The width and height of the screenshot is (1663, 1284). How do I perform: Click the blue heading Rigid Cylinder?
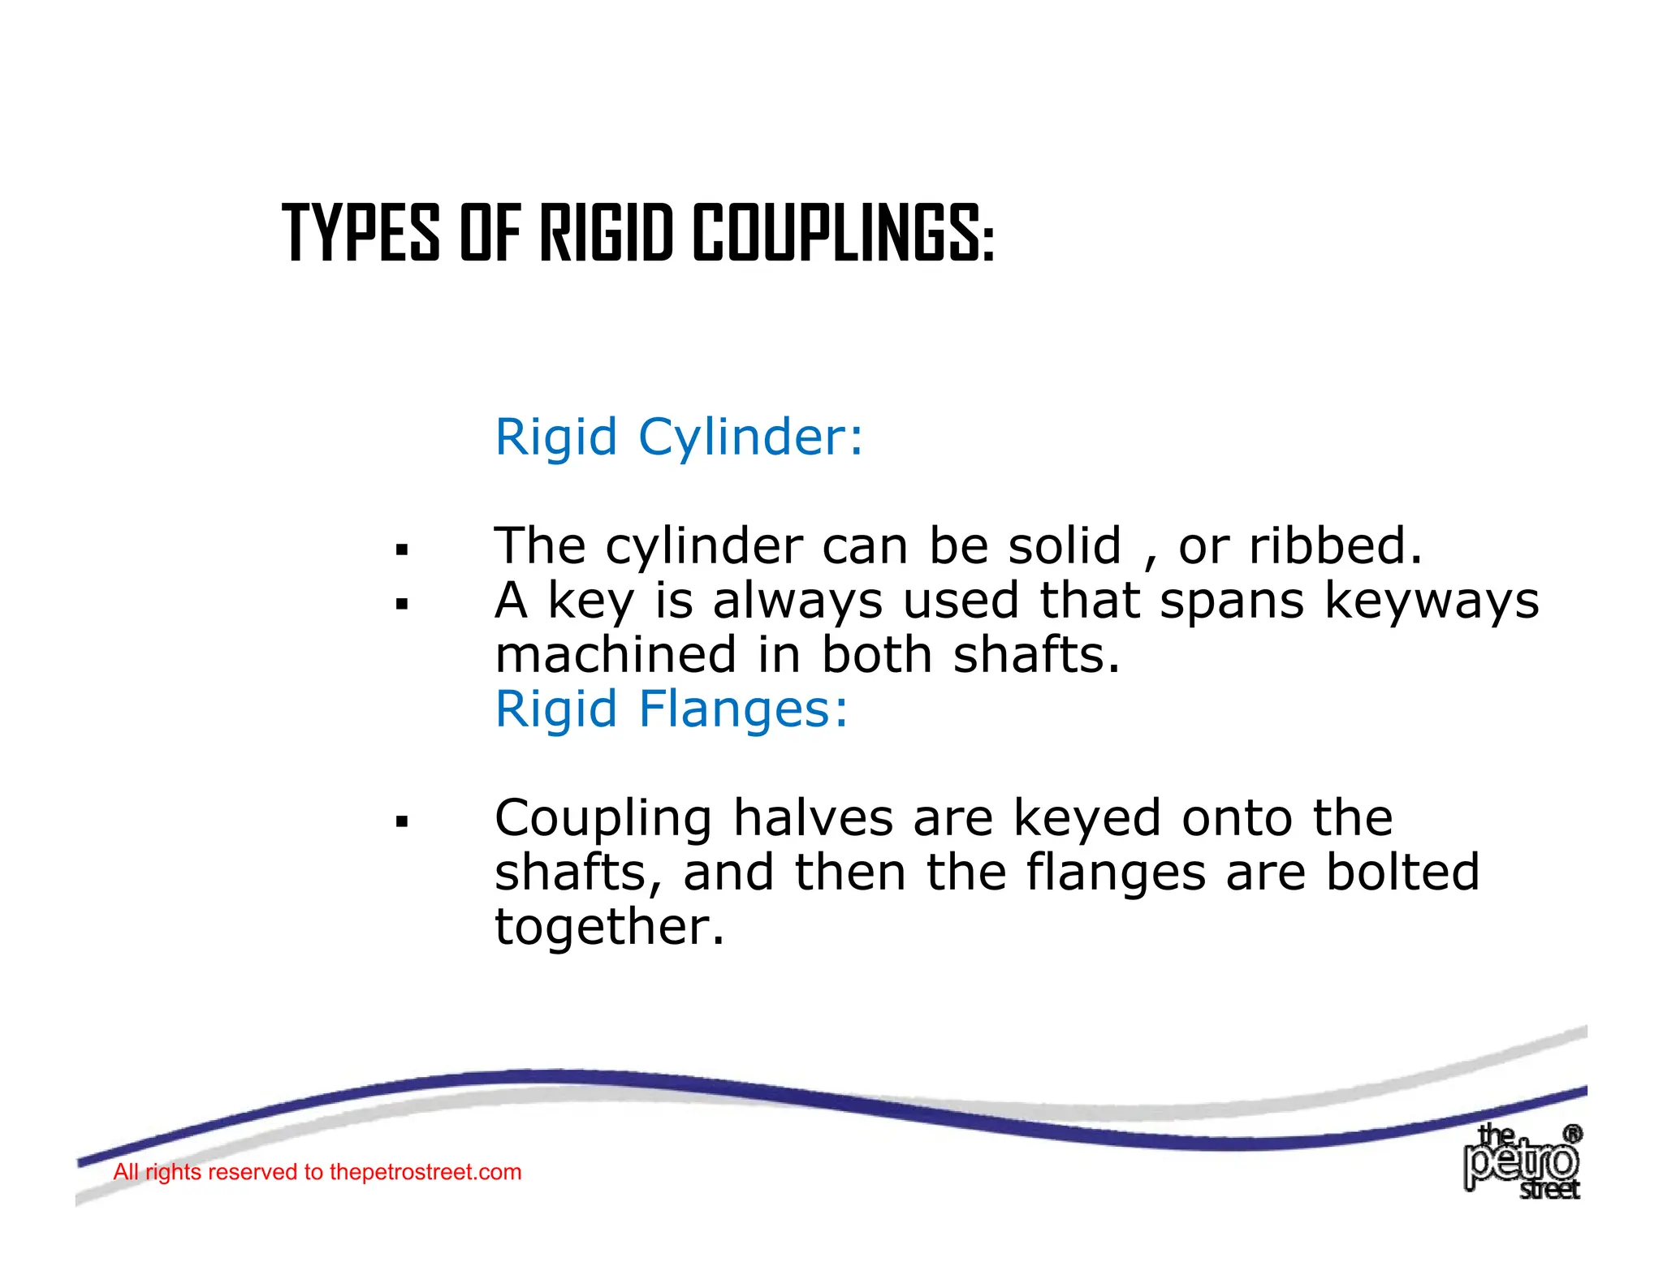click(679, 437)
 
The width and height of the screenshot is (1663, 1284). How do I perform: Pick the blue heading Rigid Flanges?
click(672, 709)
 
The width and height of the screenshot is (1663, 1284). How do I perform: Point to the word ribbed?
click(1335, 545)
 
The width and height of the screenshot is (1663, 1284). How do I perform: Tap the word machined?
click(616, 655)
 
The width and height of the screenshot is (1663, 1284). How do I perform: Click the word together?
click(609, 927)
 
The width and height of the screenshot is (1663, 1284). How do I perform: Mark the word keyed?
click(1087, 819)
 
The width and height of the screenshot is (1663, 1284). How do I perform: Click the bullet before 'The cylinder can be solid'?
click(401, 550)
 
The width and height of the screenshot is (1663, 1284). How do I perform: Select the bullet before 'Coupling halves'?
click(401, 822)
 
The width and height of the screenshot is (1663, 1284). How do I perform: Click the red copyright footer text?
click(317, 1172)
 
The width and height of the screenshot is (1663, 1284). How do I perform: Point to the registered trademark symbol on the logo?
click(1572, 1134)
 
